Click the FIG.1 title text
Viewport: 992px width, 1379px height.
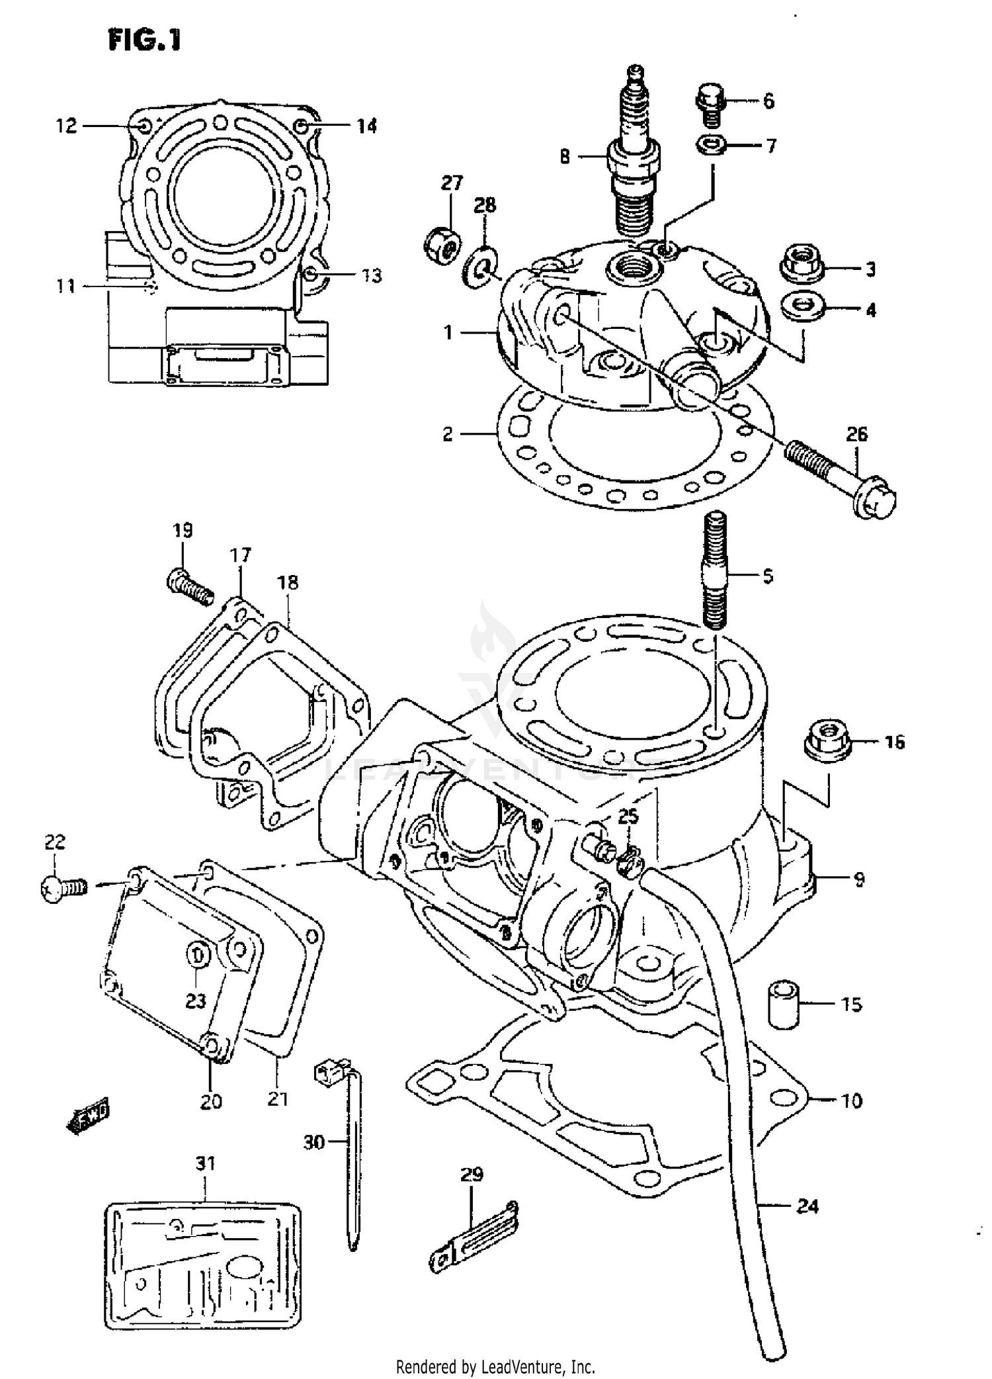[144, 40]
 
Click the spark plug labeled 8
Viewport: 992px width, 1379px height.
[635, 159]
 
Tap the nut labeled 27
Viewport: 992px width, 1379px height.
[442, 244]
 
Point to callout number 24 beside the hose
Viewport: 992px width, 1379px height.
[807, 1207]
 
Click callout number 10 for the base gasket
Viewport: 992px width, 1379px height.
[852, 1101]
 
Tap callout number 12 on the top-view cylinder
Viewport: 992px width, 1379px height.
[66, 126]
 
